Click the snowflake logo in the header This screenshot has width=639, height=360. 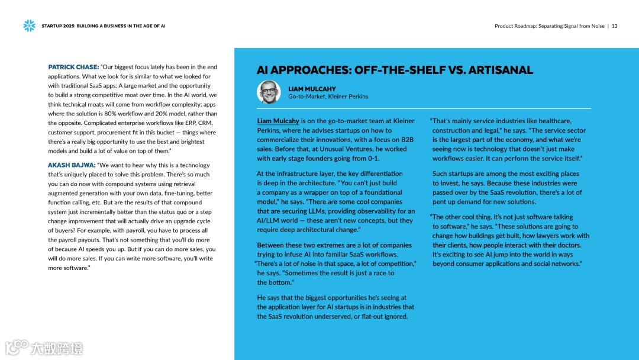[29, 25]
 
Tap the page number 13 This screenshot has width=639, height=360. [615, 26]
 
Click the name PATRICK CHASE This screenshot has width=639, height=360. [73, 67]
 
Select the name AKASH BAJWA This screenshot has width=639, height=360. [71, 165]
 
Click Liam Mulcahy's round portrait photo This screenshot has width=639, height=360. [269, 92]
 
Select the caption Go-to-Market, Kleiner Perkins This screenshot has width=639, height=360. [328, 97]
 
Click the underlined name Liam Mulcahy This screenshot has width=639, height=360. [278, 121]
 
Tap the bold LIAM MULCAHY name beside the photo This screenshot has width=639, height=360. [312, 89]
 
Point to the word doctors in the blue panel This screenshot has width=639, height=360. [566, 245]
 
